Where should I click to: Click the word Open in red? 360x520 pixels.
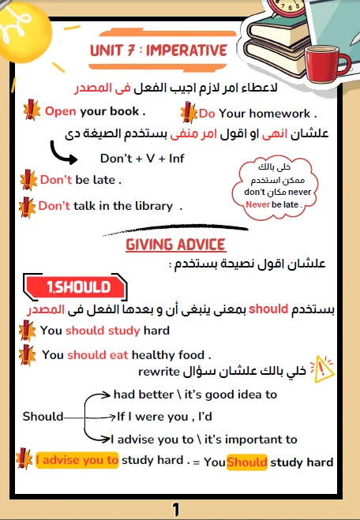point(60,111)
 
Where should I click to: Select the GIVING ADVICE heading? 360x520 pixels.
point(176,245)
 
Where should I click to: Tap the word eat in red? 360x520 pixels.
point(119,355)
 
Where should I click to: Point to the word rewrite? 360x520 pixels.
point(159,371)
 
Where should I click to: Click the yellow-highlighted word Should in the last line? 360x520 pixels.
point(246,462)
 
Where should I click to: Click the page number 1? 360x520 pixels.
point(177,508)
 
